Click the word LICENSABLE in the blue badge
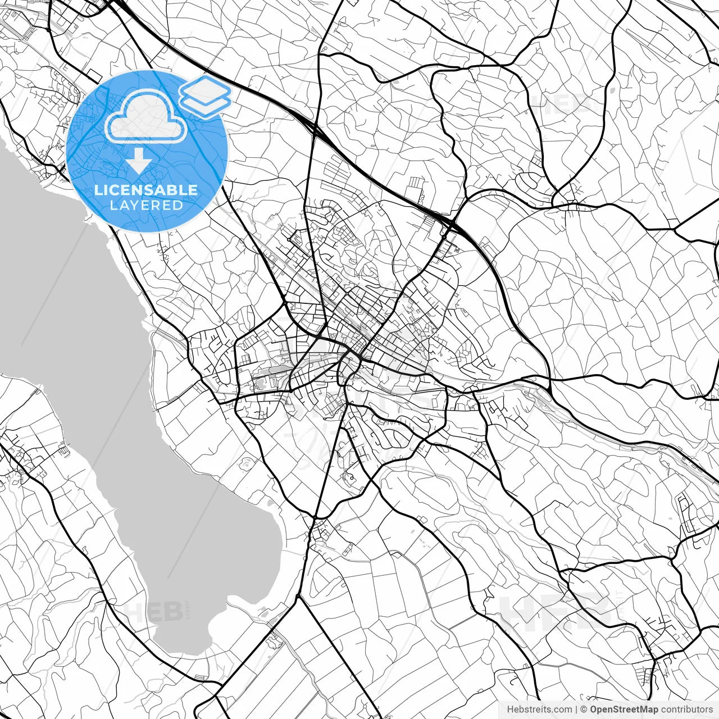click(146, 190)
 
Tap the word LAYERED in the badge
click(146, 205)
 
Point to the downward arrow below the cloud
click(139, 161)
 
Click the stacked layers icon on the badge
click(205, 95)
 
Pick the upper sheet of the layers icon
click(205, 89)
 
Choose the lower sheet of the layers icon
click(205, 102)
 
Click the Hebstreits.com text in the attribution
click(539, 709)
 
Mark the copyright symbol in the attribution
click(584, 709)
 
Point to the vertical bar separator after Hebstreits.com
click(576, 709)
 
